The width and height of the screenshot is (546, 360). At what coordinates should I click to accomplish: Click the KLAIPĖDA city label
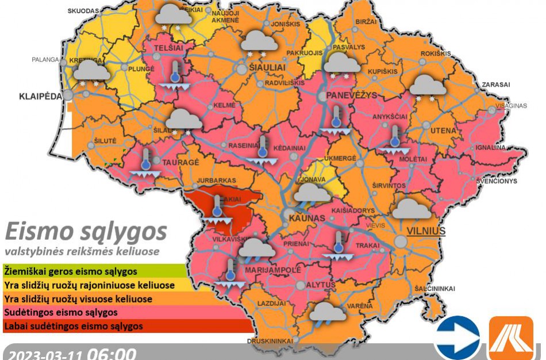pyautogui.click(x=39, y=96)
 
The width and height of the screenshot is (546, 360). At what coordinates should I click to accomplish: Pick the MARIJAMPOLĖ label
pyautogui.click(x=273, y=269)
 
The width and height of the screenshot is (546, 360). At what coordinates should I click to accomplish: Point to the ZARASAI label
pyautogui.click(x=495, y=85)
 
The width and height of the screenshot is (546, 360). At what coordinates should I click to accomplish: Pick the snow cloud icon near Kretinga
pyautogui.click(x=91, y=73)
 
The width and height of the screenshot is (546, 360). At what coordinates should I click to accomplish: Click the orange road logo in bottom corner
pyautogui.click(x=511, y=338)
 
